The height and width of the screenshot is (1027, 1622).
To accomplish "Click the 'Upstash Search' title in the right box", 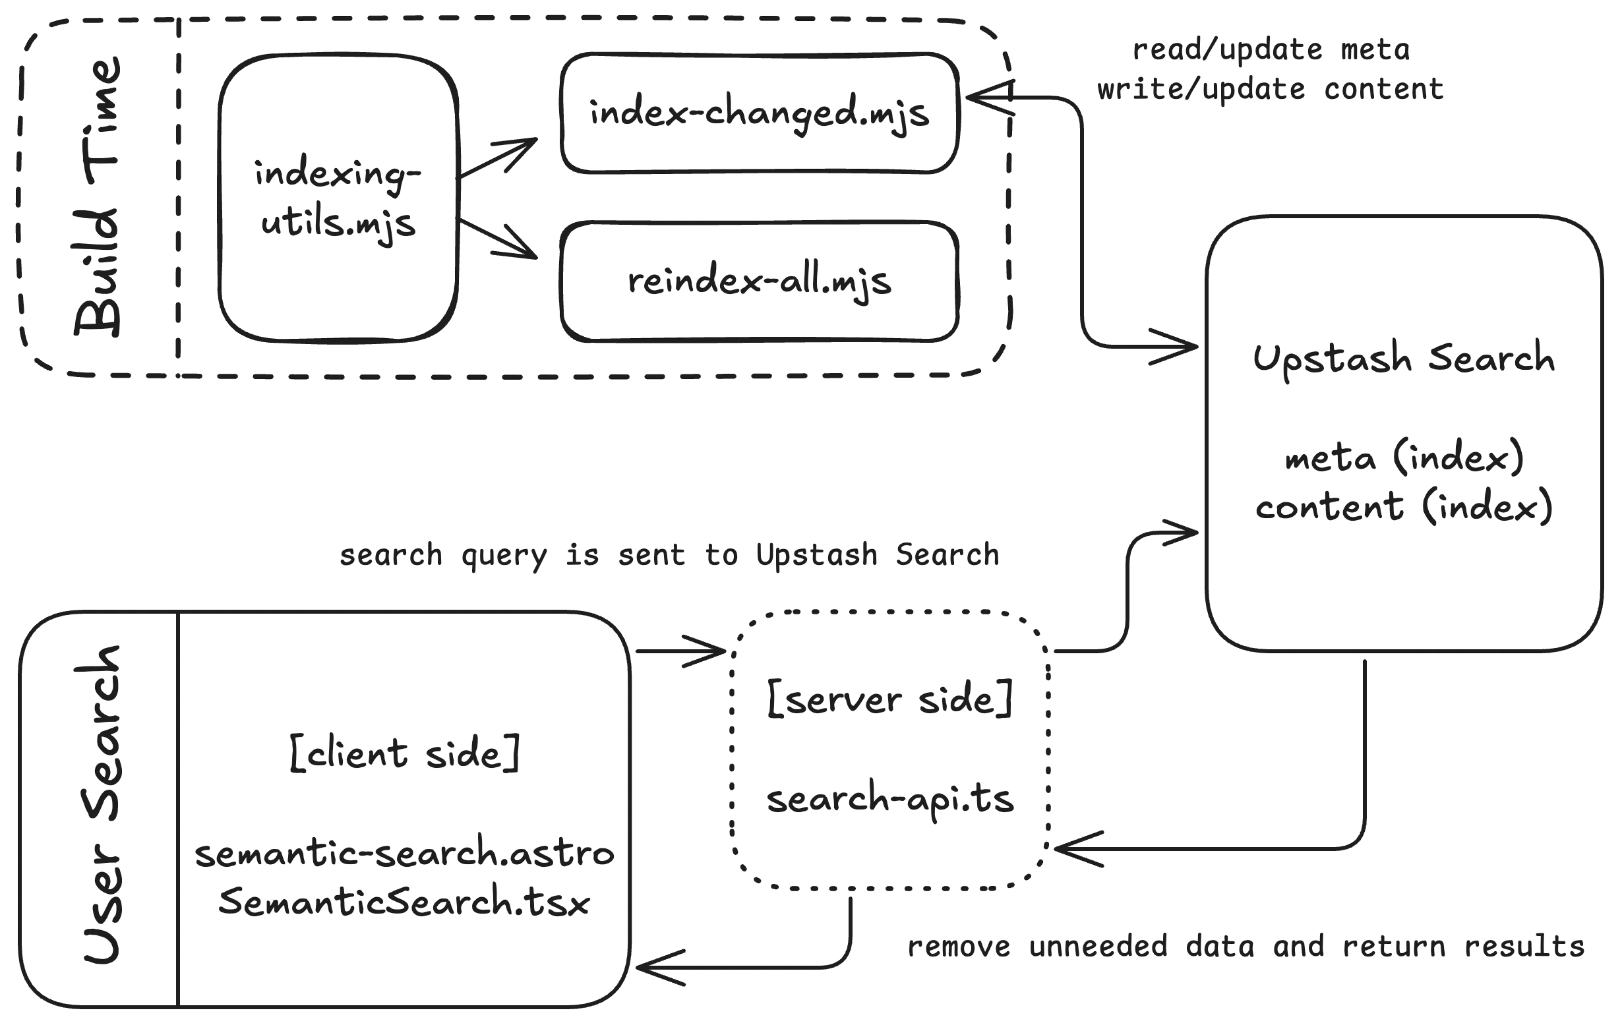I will point(1403,361).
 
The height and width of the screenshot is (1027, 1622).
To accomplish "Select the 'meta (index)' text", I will point(1403,460).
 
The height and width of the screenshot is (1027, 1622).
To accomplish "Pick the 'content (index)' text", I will point(1405,508).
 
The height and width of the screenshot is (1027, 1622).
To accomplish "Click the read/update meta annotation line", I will point(1272,51).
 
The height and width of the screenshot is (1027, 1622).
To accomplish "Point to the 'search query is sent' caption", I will point(669,557).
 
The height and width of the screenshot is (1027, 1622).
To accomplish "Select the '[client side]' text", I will point(406,755).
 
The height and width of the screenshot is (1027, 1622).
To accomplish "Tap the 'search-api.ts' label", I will point(889,802).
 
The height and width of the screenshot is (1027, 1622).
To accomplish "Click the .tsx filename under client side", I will point(405,904).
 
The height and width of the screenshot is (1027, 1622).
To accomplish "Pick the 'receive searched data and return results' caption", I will point(1246,947).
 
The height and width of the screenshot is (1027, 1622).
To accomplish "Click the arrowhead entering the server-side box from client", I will point(707,652).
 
